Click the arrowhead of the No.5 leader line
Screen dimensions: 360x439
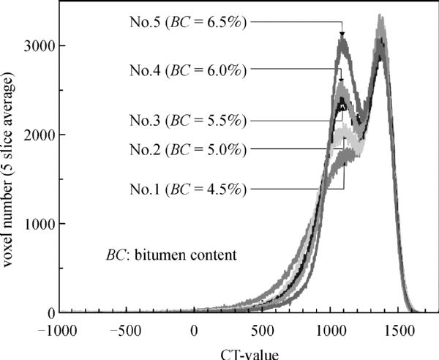click(342, 34)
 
